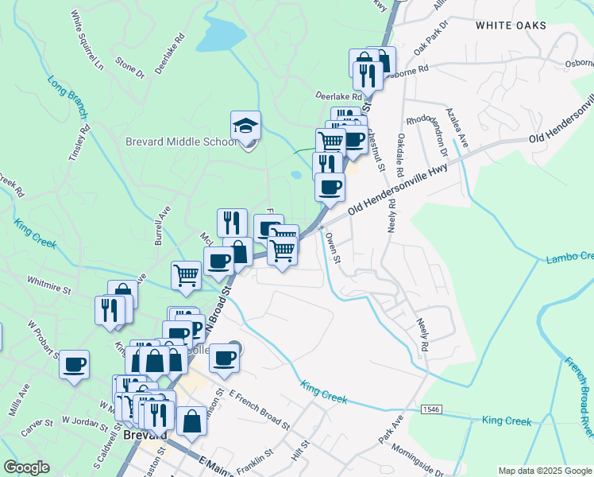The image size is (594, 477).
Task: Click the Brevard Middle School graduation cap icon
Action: pyautogui.click(x=246, y=126)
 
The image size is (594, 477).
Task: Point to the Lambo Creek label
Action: pyautogui.click(x=569, y=258)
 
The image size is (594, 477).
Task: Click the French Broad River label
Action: pyautogui.click(x=579, y=397)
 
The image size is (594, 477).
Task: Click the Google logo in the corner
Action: pyautogui.click(x=27, y=467)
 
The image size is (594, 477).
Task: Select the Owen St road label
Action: pyautogui.click(x=334, y=246)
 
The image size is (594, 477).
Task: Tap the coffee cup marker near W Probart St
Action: pyautogui.click(x=74, y=365)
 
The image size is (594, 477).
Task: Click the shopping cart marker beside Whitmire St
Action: pyautogui.click(x=186, y=275)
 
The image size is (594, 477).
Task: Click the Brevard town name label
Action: pyautogui.click(x=145, y=436)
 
